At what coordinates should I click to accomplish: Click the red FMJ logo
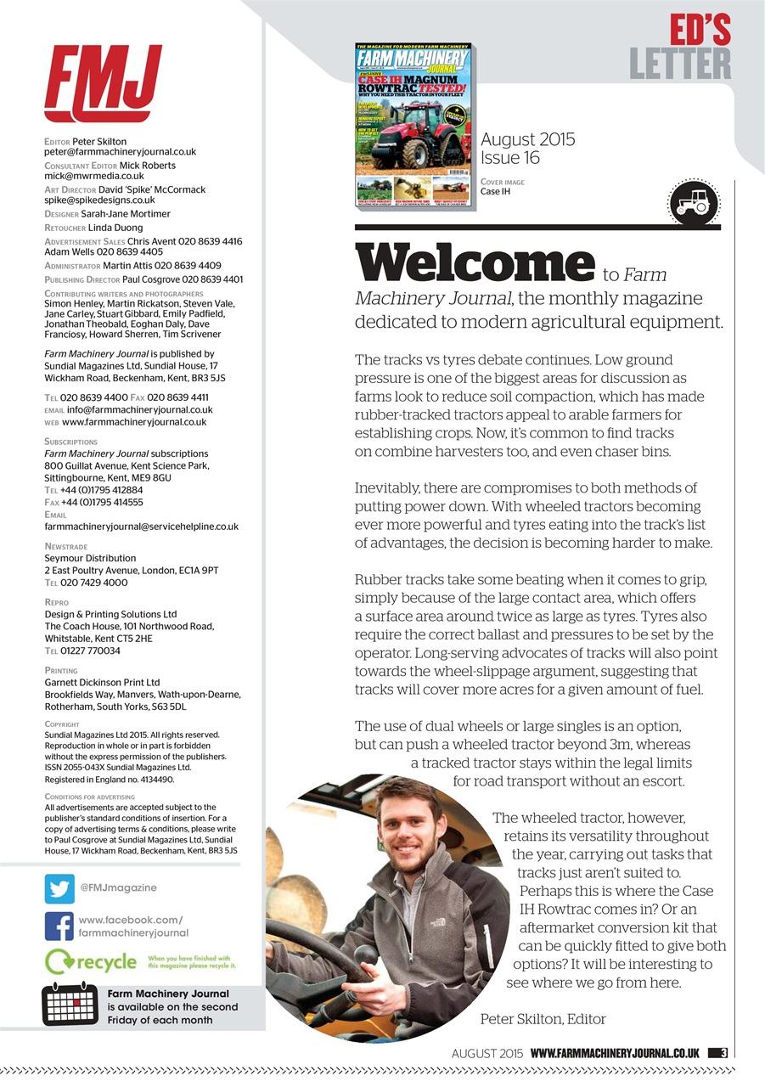(102, 83)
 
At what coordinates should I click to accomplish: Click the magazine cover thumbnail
(413, 124)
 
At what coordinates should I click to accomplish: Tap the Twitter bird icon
(59, 888)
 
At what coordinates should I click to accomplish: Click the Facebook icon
(59, 926)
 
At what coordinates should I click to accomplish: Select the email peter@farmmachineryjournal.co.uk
(120, 152)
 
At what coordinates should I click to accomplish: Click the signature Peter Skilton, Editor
(543, 1018)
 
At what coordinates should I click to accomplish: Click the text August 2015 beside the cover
(527, 139)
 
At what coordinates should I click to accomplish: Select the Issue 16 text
(511, 158)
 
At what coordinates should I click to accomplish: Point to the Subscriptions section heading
(70, 442)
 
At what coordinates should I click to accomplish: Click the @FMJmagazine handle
(118, 887)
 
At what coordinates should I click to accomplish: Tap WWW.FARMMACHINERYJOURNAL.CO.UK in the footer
(615, 1053)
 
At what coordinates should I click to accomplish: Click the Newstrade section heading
(65, 547)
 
